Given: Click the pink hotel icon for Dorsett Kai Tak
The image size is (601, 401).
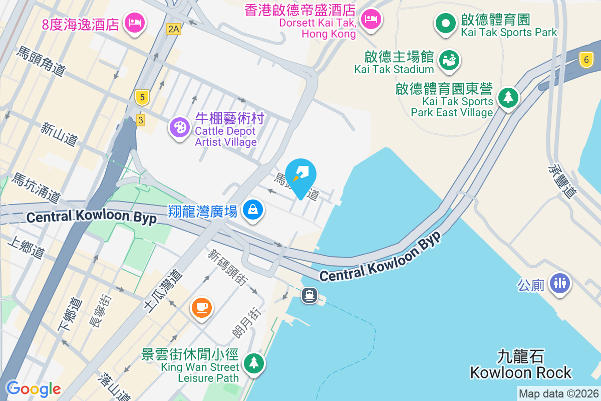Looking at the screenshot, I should tap(371, 20).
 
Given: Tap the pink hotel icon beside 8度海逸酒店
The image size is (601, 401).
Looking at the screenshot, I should tap(135, 22).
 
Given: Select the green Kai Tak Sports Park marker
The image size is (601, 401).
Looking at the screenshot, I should tap(444, 23).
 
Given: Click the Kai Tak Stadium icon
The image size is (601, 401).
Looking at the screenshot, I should tap(449, 60).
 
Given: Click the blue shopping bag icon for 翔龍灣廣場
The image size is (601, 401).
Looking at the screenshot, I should tap(253, 210).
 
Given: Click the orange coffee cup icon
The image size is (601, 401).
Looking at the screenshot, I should tap(202, 307).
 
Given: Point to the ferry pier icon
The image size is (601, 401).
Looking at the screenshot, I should tap(310, 295).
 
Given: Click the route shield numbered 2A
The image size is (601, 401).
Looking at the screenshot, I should tap(173, 29).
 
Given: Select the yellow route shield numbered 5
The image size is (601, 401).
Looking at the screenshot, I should tap(143, 97).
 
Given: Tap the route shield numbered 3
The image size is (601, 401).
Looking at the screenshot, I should tap(141, 120).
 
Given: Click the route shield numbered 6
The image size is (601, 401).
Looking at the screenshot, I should tap(586, 60).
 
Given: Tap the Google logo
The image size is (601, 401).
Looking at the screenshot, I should tap(33, 388).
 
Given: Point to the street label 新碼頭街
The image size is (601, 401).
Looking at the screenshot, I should tap(228, 268).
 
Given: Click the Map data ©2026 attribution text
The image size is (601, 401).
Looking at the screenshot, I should tap(558, 394).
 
